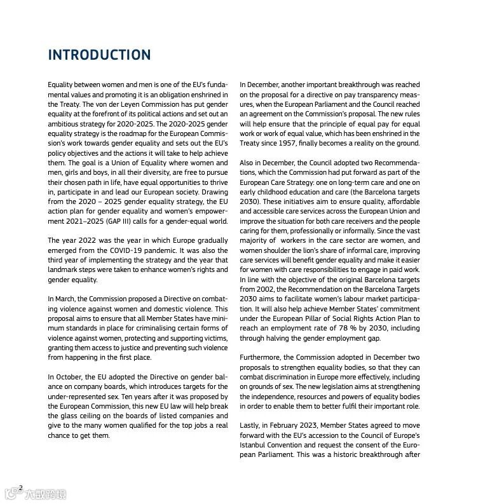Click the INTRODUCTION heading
100,55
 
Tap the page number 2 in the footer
21,487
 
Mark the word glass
67,416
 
